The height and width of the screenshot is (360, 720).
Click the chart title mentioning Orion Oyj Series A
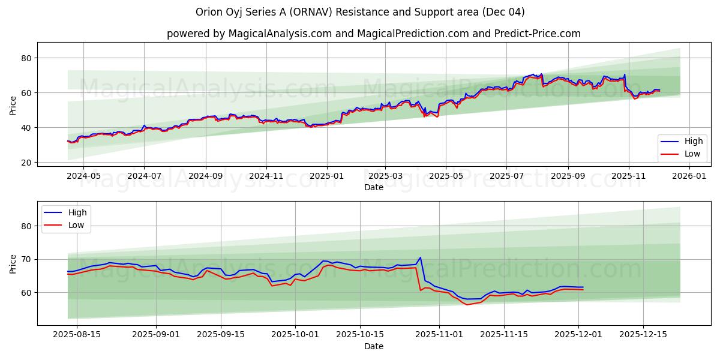coord(360,12)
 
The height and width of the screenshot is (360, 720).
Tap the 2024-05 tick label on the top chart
coord(83,176)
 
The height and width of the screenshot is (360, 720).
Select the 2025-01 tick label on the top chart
coord(327,176)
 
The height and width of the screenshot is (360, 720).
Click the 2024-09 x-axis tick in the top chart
coord(206,176)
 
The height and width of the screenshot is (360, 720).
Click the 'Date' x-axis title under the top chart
coord(373,187)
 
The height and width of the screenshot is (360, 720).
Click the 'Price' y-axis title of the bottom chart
coord(13,263)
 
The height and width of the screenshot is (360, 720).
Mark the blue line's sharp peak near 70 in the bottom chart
coord(420,257)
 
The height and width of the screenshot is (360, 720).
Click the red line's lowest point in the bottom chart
coord(467,305)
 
